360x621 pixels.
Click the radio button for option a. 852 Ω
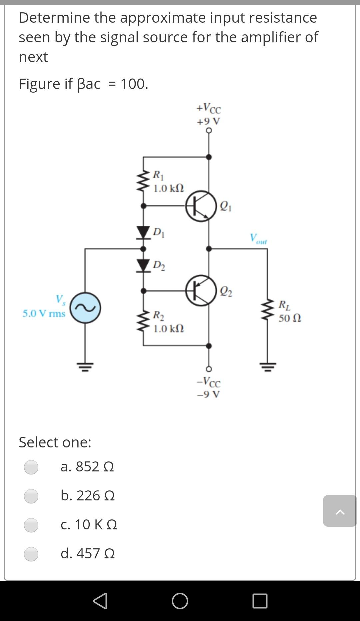click(31, 467)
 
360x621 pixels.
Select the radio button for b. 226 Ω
click(31, 496)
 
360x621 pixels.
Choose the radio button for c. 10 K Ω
click(31, 525)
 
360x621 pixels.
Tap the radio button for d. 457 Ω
click(31, 554)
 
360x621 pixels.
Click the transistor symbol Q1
click(201, 206)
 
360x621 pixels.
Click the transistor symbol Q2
click(201, 291)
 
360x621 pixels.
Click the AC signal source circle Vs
click(85, 308)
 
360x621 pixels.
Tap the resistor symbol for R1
click(143, 181)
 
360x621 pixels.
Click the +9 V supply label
click(208, 121)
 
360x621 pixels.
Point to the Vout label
click(258, 239)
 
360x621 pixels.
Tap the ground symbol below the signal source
click(85, 367)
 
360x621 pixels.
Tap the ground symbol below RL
click(267, 367)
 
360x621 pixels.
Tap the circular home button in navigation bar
click(180, 601)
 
